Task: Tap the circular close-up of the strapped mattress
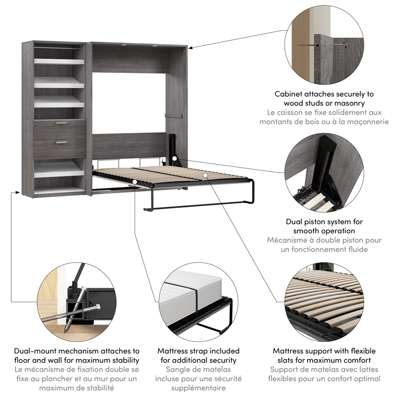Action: click(198, 302)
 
